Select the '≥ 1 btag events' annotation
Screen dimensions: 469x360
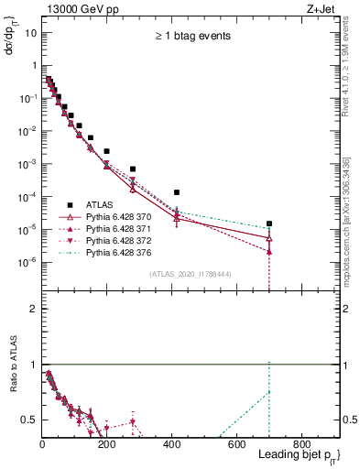[x=191, y=36]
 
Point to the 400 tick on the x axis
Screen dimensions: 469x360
[x=172, y=443]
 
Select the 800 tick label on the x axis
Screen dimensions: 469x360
[x=301, y=443]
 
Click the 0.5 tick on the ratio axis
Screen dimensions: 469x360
[x=30, y=420]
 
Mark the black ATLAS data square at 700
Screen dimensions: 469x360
[x=269, y=224]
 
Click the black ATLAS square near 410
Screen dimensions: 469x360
[x=177, y=192]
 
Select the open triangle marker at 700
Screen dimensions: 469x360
[x=269, y=238]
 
